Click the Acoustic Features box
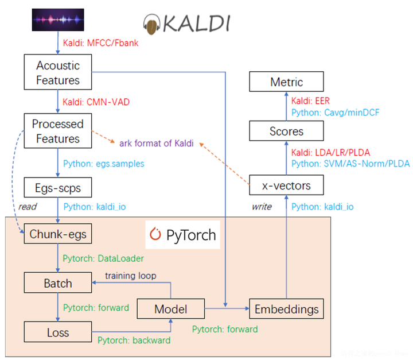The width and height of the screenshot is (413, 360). pyautogui.click(x=58, y=72)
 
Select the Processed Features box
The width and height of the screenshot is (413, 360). pyautogui.click(x=58, y=131)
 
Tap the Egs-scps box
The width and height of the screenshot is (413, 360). pyautogui.click(x=57, y=187)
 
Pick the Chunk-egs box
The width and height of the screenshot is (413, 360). pyautogui.click(x=57, y=234)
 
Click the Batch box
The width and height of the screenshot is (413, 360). pyautogui.click(x=57, y=282)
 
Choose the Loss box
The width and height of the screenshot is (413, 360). pyautogui.click(x=57, y=332)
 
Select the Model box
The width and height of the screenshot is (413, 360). pyautogui.click(x=170, y=309)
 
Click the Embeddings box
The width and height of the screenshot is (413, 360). pyautogui.click(x=286, y=309)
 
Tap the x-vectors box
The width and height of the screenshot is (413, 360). pyautogui.click(x=286, y=185)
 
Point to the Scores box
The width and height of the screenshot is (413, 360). pyautogui.click(x=286, y=131)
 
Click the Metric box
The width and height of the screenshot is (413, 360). pyautogui.click(x=286, y=82)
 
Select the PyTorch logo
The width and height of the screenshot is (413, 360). pyautogui.click(x=182, y=234)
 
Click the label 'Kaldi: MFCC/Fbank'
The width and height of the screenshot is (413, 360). pyautogui.click(x=101, y=42)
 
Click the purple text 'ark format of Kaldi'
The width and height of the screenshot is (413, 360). pyautogui.click(x=156, y=142)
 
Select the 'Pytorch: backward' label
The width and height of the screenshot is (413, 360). pyautogui.click(x=134, y=340)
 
